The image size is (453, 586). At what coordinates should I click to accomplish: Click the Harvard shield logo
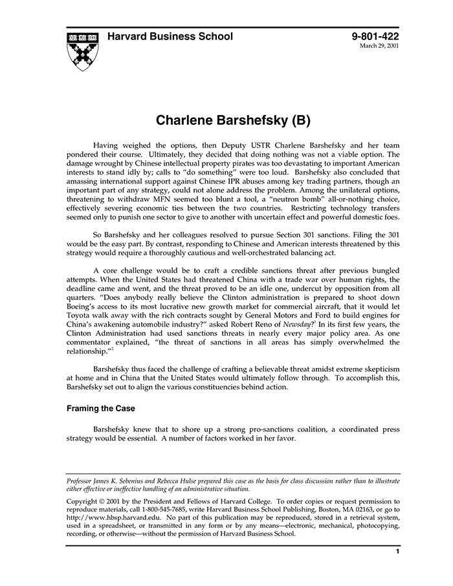pyautogui.click(x=82, y=49)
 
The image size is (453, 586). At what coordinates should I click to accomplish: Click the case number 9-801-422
pyautogui.click(x=375, y=37)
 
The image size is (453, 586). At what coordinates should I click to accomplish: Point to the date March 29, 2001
pyautogui.click(x=380, y=47)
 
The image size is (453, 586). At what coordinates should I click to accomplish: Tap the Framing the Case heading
pyautogui.click(x=100, y=409)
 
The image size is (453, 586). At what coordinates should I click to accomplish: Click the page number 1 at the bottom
pyautogui.click(x=397, y=552)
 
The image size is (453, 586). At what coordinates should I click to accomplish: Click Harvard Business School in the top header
pyautogui.click(x=170, y=37)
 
